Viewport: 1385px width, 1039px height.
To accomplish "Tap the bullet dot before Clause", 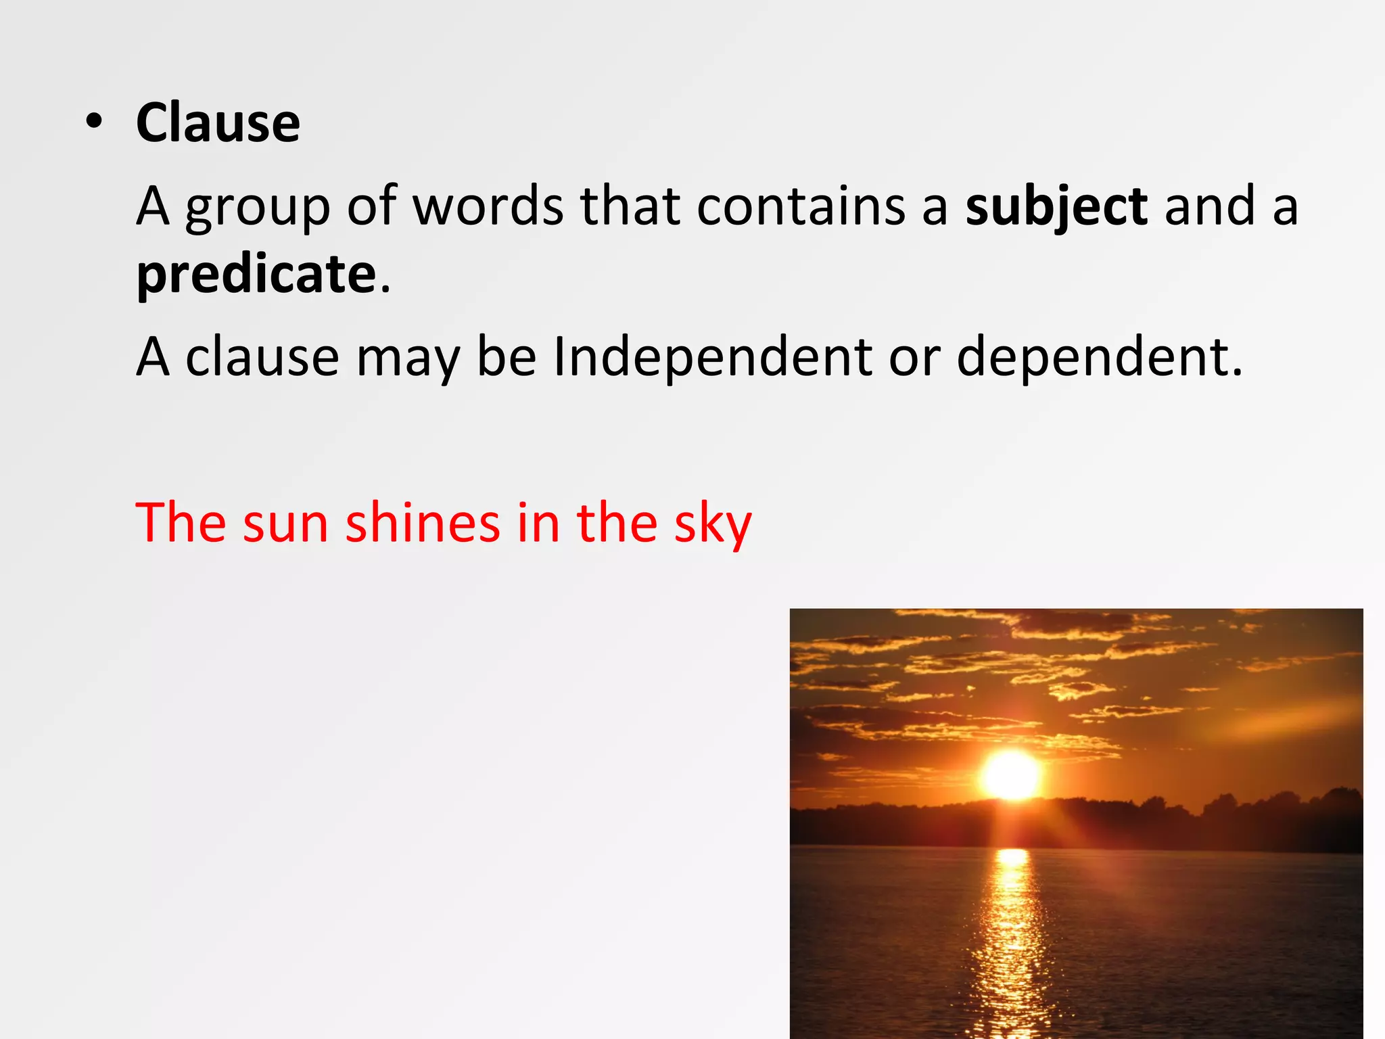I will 95,122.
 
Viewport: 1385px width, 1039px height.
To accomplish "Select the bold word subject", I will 1056,206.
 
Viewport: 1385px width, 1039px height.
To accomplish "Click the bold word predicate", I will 256,275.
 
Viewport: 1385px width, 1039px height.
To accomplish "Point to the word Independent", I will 712,356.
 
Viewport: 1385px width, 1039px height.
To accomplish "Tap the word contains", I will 801,206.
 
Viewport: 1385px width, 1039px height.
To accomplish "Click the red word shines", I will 423,522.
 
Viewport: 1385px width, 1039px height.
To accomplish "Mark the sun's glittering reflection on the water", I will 1012,933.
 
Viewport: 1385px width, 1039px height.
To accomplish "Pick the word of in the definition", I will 371,206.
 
